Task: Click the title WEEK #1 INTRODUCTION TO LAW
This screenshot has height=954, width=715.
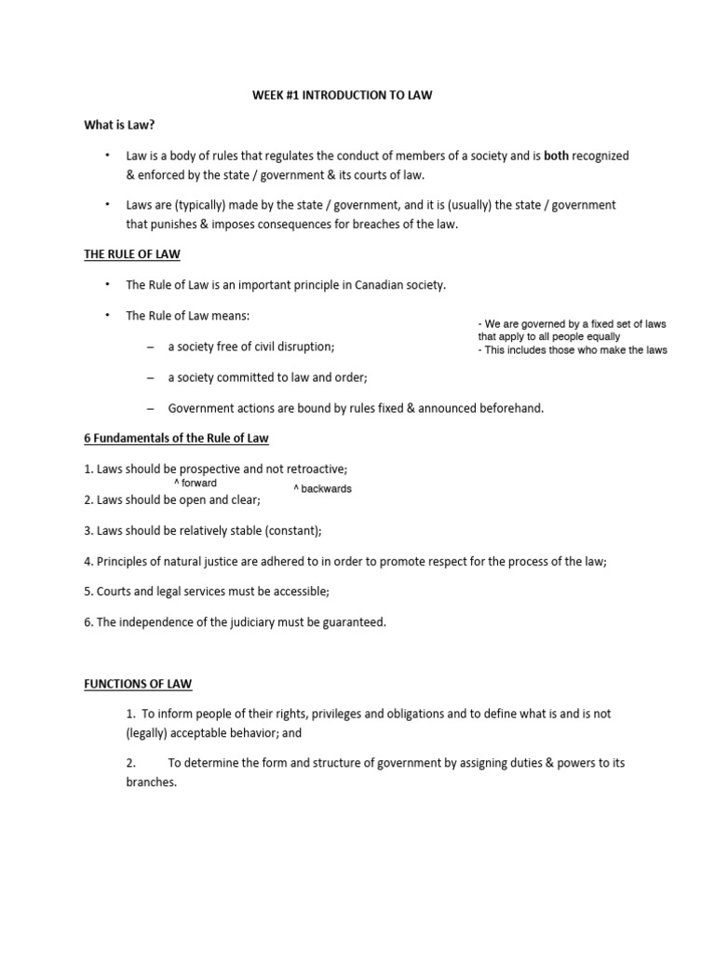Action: tap(343, 95)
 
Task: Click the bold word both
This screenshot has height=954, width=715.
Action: tap(557, 156)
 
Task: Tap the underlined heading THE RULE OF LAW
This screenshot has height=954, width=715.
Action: tap(132, 253)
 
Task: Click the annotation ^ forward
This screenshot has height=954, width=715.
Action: tap(196, 484)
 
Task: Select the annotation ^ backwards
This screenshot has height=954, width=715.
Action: tap(322, 489)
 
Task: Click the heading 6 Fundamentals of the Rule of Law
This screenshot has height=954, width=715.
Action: tap(176, 438)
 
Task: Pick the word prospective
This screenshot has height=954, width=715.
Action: tap(210, 469)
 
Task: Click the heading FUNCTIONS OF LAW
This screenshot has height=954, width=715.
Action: tap(138, 684)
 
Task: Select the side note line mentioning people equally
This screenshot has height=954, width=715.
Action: tap(549, 337)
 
